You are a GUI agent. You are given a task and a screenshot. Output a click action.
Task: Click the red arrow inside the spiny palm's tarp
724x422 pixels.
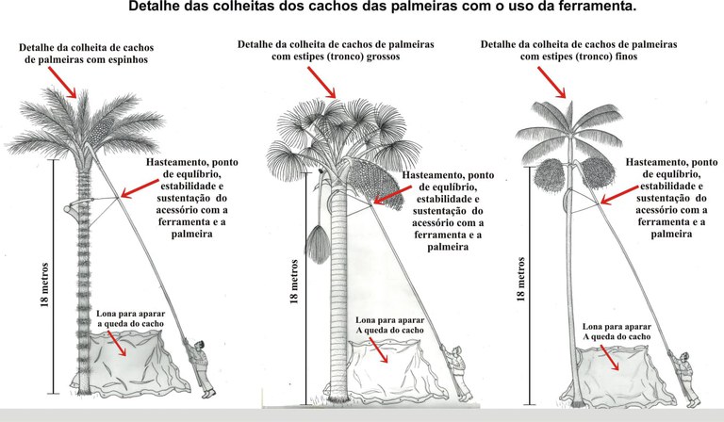pyautogui.click(x=118, y=343)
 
